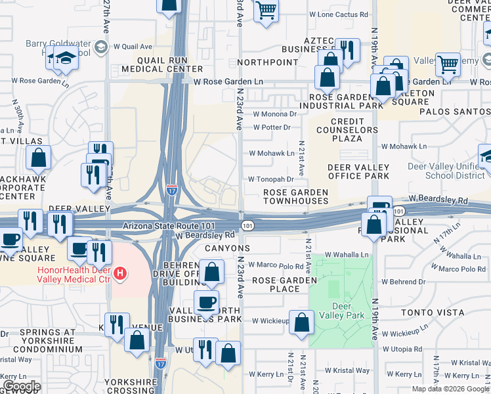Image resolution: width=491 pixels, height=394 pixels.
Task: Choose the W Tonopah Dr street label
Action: click(270, 179)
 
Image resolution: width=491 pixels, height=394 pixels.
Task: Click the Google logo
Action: click(22, 386)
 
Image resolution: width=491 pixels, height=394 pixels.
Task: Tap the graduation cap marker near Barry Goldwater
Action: click(66, 58)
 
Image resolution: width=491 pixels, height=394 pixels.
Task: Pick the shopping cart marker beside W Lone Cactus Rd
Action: click(266, 9)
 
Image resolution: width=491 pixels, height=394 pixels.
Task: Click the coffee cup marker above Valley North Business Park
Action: click(207, 303)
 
